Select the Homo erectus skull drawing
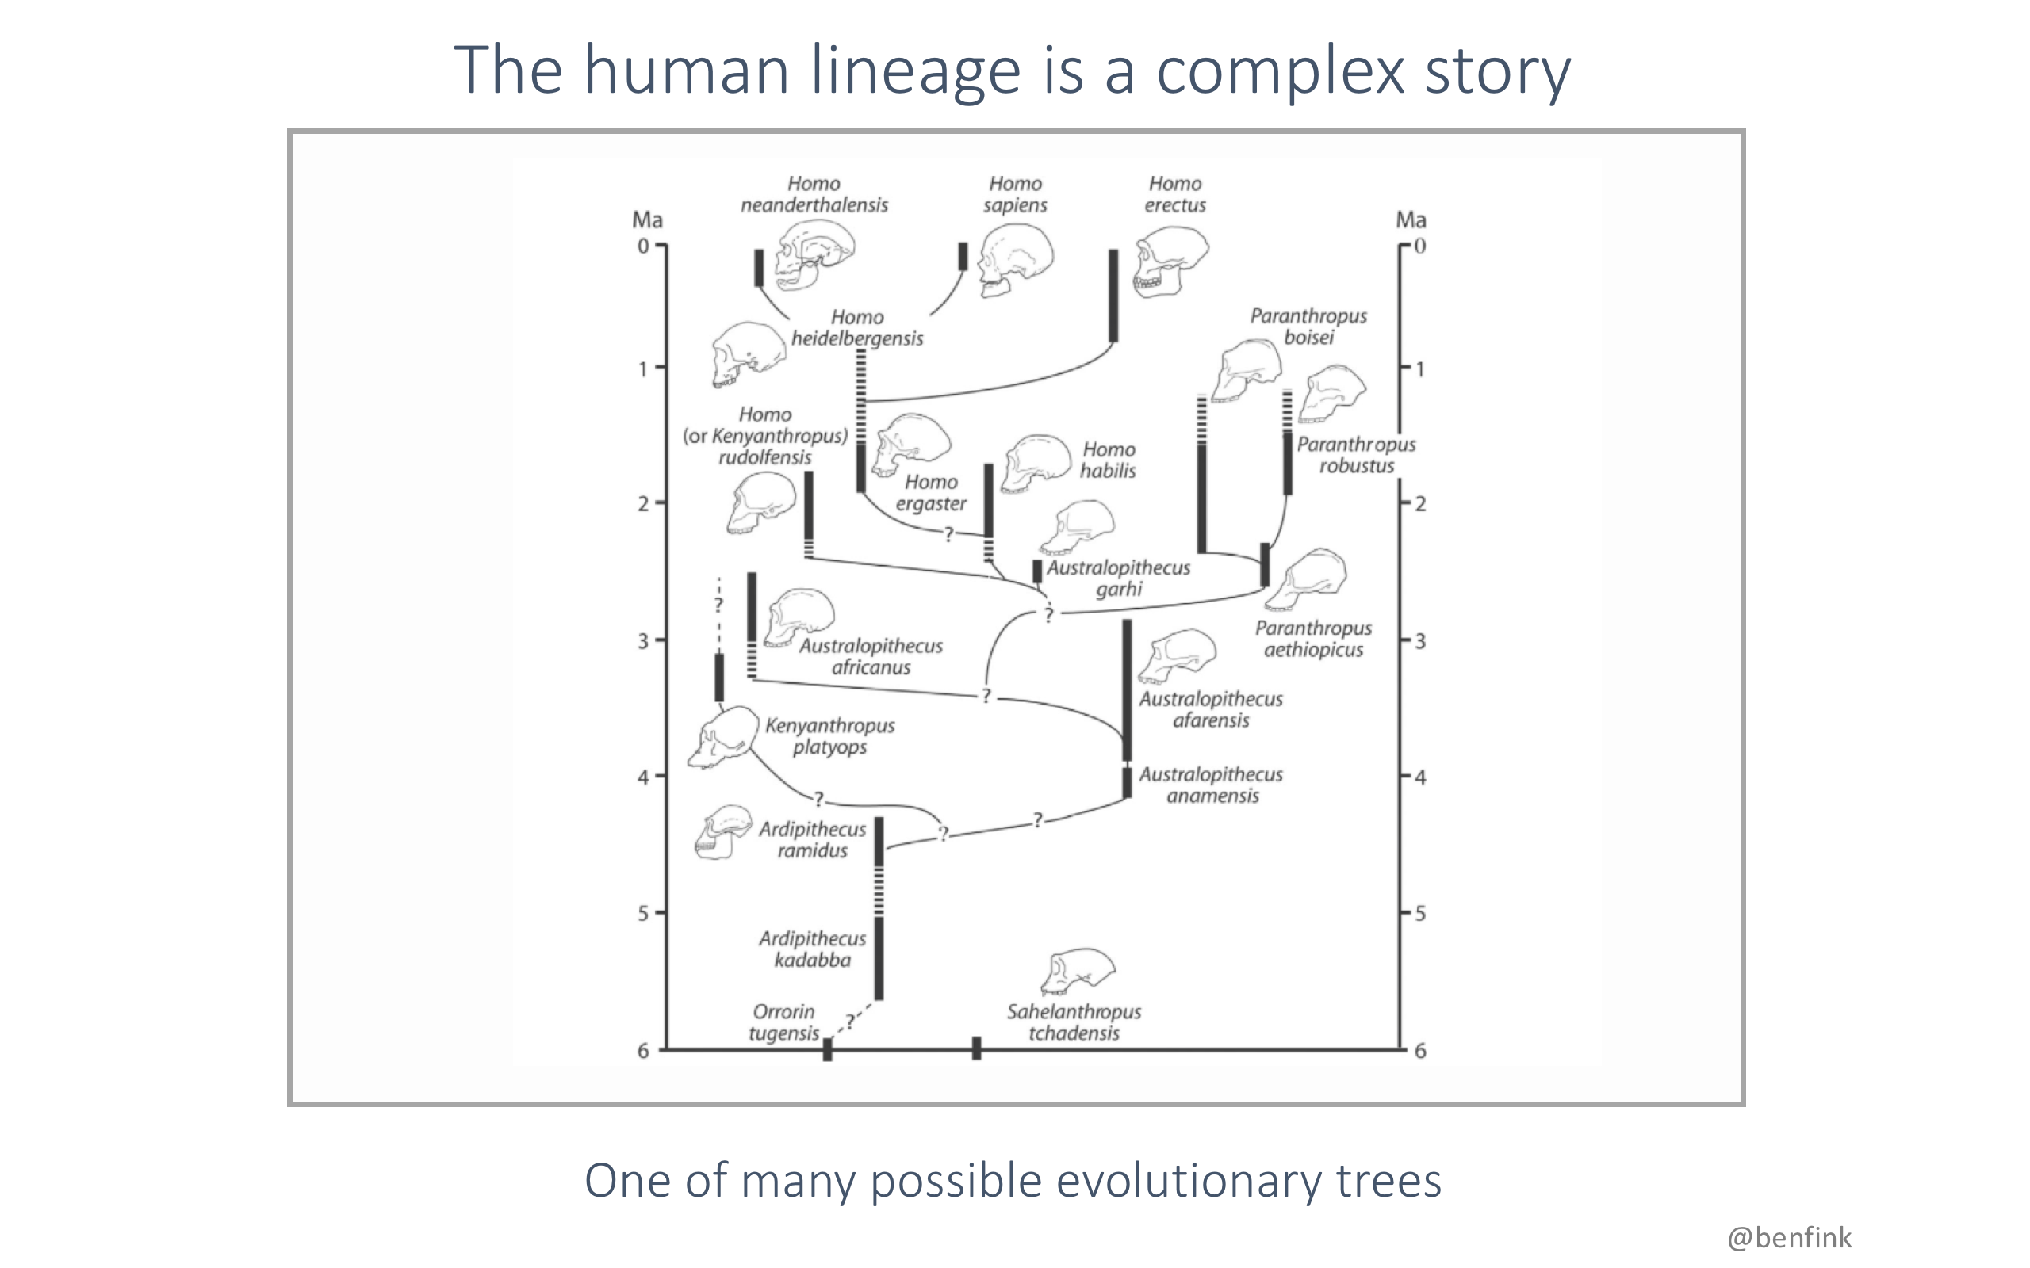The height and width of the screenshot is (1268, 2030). coord(1170,262)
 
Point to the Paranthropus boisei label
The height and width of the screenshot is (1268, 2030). coord(1308,327)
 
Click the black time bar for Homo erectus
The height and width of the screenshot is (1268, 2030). coord(1113,295)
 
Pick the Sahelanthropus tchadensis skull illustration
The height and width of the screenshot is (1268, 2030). coord(1078,973)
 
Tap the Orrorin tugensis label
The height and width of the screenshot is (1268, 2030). coord(783,1022)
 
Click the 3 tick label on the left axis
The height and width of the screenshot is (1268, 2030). coord(643,640)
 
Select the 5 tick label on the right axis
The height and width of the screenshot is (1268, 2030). coord(1420,913)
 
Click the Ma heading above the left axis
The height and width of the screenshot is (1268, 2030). coord(647,220)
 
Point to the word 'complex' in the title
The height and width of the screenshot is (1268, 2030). coord(1280,71)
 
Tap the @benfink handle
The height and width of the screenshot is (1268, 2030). coord(1789,1238)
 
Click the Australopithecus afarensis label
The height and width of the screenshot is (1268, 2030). coord(1210,709)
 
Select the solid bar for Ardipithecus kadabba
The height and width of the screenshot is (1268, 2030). coord(879,959)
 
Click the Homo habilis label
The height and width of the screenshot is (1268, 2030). coord(1107,460)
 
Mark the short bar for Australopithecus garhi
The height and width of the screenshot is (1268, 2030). coord(1037,571)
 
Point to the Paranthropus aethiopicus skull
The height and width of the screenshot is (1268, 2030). coord(1306,579)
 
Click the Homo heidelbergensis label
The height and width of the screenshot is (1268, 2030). coord(857,328)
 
